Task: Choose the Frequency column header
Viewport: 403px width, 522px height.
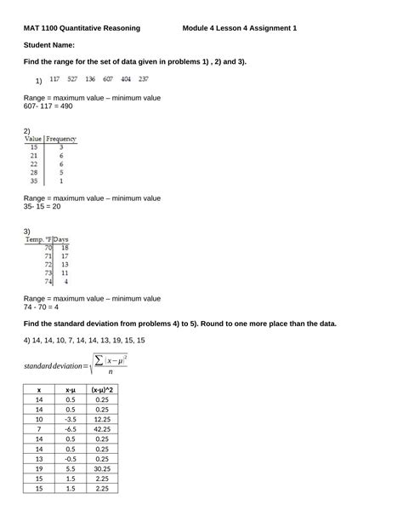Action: point(61,138)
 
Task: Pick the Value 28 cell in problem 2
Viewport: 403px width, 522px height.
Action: point(34,172)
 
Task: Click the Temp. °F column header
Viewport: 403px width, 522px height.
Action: point(39,239)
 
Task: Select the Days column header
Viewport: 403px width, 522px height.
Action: point(62,239)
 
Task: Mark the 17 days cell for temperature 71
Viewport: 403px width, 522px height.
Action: point(65,255)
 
